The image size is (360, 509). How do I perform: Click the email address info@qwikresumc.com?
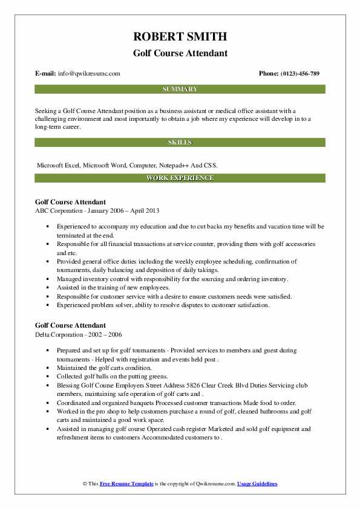[90, 74]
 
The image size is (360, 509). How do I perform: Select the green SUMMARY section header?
[180, 89]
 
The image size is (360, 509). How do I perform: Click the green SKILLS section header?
[180, 143]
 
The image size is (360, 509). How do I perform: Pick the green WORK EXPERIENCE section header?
[180, 178]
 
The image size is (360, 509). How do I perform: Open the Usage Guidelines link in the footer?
[257, 484]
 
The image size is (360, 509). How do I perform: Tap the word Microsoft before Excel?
[51, 165]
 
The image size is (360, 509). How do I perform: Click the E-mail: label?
[45, 74]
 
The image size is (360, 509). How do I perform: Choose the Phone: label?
[268, 74]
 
